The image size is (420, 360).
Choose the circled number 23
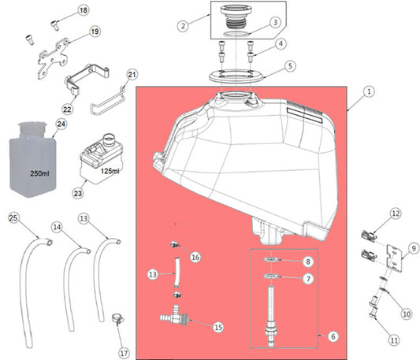77,190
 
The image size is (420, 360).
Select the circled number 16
195,258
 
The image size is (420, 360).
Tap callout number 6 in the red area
333,336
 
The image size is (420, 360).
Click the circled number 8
309,261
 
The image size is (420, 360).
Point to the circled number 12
396,213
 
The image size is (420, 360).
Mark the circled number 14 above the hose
56,227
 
